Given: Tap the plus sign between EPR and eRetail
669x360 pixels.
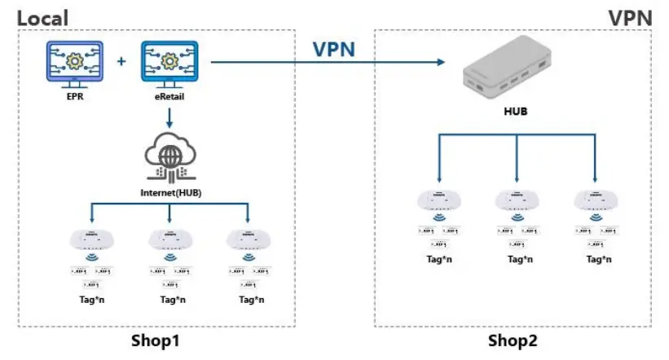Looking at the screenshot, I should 122,62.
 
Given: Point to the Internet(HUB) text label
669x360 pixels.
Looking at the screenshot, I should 169,194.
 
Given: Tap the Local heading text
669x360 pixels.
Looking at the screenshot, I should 43,17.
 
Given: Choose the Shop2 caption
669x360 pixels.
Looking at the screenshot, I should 513,340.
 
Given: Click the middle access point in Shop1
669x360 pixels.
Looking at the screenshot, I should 169,239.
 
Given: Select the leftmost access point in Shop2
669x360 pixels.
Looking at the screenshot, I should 438,200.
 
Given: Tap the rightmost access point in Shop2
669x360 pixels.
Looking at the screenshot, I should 594,200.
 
